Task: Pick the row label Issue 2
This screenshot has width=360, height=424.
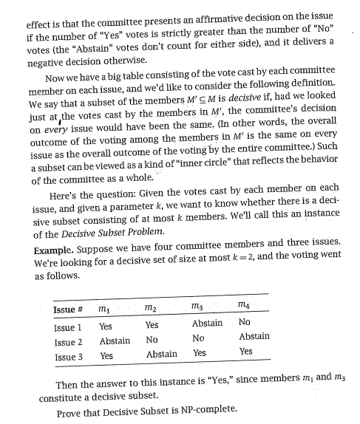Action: point(68,341)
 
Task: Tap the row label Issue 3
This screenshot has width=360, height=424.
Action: point(68,356)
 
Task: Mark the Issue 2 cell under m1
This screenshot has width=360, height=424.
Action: point(115,341)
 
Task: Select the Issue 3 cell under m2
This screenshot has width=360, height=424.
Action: point(162,354)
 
